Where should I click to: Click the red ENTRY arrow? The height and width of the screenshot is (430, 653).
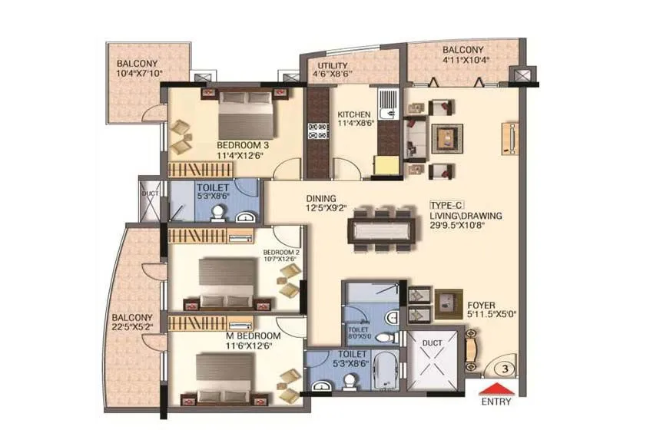[x=499, y=388]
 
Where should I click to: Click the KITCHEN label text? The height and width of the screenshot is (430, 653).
[x=355, y=114]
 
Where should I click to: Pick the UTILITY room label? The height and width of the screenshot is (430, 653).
[x=333, y=66]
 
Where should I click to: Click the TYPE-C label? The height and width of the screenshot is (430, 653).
[x=445, y=207]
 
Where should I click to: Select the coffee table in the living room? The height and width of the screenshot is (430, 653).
[x=445, y=139]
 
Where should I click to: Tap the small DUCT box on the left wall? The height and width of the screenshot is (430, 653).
[x=149, y=193]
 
